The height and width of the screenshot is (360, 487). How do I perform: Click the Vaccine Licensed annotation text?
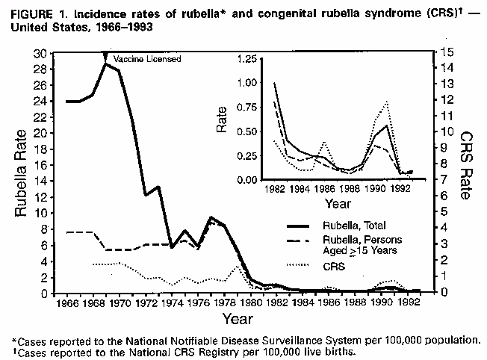(147, 58)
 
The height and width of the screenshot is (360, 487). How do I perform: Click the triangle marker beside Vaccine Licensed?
(106, 58)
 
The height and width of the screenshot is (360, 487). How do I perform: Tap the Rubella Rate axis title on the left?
(22, 173)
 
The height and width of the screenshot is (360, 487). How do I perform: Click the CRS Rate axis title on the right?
(465, 166)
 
